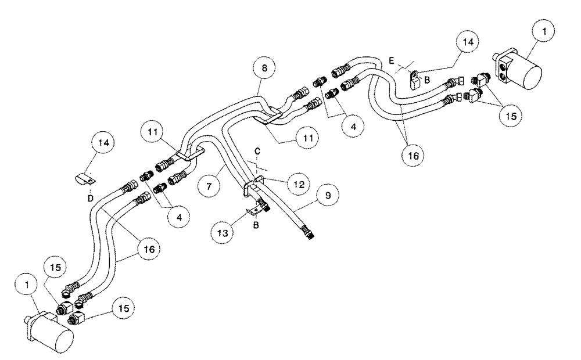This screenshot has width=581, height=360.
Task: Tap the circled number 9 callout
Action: point(329,196)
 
